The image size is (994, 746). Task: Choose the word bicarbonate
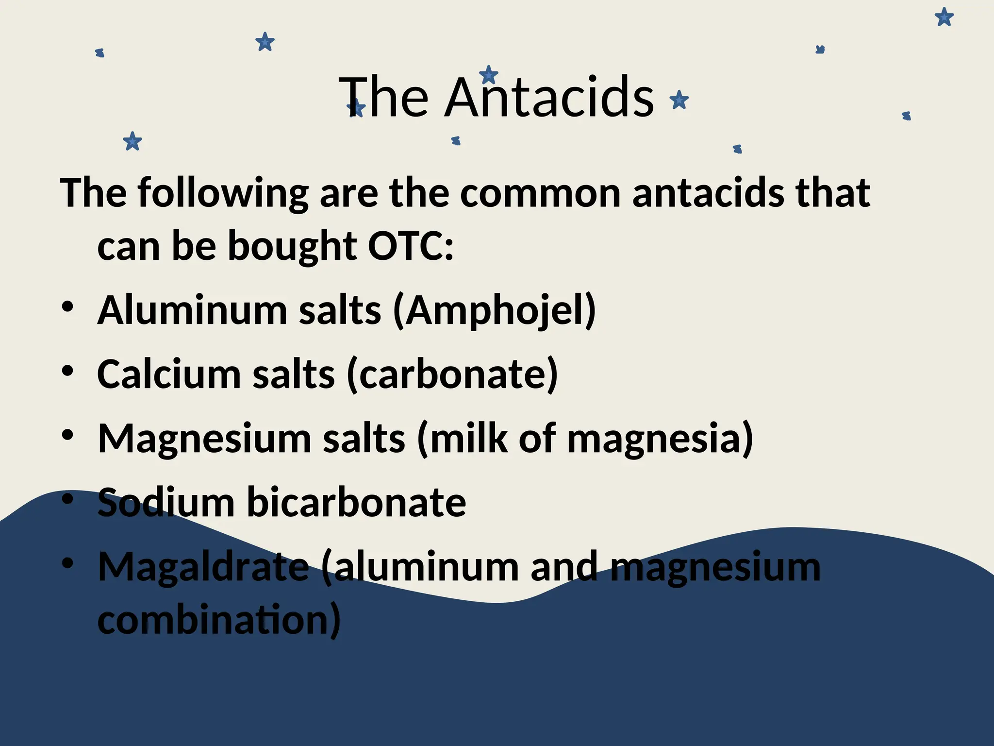pos(356,502)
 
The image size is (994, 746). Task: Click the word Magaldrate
pos(203,567)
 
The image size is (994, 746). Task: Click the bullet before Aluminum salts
pos(67,307)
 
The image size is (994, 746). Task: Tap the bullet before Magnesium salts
pos(67,435)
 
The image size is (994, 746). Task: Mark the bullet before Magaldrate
pos(67,563)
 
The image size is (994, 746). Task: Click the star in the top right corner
pos(944,17)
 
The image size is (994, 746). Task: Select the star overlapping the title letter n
pos(488,75)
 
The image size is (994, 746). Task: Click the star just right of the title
pos(679,101)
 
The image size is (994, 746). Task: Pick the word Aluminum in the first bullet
pos(192,311)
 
